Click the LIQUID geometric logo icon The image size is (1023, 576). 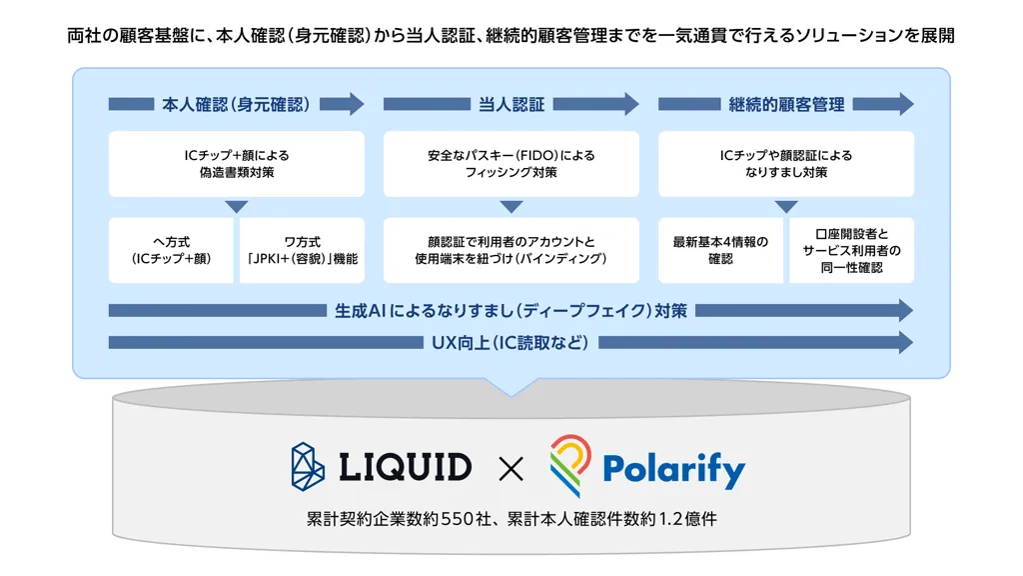click(x=308, y=467)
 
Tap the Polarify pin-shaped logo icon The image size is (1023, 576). click(x=569, y=464)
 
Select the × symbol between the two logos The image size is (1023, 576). click(x=511, y=468)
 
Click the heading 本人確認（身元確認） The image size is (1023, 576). click(x=236, y=104)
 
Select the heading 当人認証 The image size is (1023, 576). click(x=511, y=104)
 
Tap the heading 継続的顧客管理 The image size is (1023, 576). click(x=786, y=104)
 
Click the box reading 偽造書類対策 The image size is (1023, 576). click(x=236, y=164)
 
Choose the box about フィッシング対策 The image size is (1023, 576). click(x=511, y=164)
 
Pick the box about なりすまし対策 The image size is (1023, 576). click(x=786, y=164)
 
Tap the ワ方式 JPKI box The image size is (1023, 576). click(x=302, y=251)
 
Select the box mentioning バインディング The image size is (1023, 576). click(x=511, y=251)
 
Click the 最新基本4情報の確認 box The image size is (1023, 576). click(x=720, y=251)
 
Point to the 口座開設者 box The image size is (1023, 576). click(x=852, y=251)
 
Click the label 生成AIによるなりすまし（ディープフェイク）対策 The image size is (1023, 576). click(x=511, y=311)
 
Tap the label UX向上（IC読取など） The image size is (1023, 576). click(x=511, y=343)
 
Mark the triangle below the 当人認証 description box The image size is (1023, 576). click(x=511, y=207)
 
